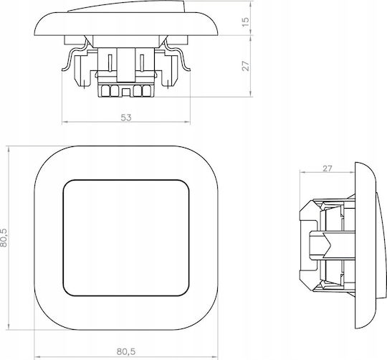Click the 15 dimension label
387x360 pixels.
(x=246, y=22)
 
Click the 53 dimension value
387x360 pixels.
(x=126, y=118)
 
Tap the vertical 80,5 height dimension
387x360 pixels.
(x=4, y=237)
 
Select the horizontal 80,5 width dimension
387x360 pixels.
(x=126, y=351)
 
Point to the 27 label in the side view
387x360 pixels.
(x=328, y=169)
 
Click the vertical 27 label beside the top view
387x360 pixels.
(x=246, y=66)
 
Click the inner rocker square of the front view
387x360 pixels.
(x=126, y=238)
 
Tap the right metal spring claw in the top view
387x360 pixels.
(x=178, y=55)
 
